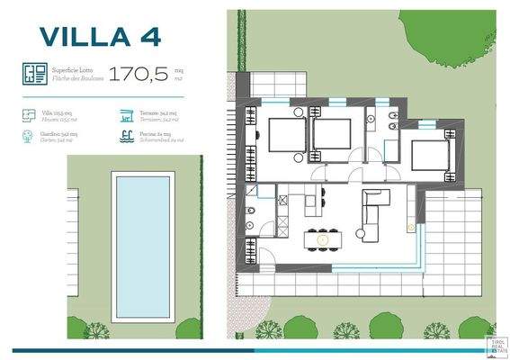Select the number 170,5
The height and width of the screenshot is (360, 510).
pos(138,75)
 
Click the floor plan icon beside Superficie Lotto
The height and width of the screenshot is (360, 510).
pos(35,74)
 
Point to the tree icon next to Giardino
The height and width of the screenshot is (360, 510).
pos(26,137)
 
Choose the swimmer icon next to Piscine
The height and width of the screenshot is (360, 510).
pos(126,137)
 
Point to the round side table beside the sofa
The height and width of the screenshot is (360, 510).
pos(365,235)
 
